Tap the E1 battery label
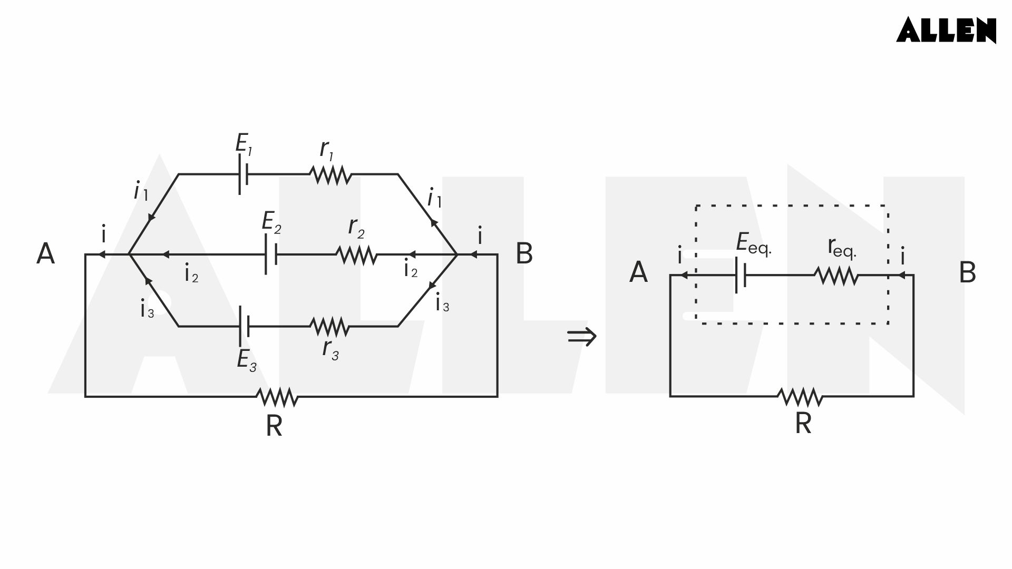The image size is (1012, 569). [x=243, y=144]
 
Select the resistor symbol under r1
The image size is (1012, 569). [x=330, y=174]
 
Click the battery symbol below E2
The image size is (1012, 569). [x=270, y=254]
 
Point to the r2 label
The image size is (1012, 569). [x=356, y=228]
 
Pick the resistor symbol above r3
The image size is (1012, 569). [x=330, y=327]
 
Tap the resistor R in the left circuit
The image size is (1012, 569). [x=277, y=397]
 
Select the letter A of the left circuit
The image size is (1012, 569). [x=46, y=254]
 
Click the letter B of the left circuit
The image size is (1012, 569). [x=524, y=254]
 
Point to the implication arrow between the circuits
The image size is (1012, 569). [x=582, y=336]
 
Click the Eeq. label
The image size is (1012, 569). [x=753, y=243]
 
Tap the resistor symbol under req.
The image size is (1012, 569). [x=836, y=276]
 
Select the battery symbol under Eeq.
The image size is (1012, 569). [x=741, y=276]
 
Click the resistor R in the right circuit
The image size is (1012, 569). [x=800, y=397]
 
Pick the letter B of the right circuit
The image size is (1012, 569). [x=967, y=273]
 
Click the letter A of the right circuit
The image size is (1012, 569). [x=638, y=273]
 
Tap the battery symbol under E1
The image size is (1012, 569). [x=243, y=174]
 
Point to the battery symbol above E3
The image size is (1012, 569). [x=244, y=327]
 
